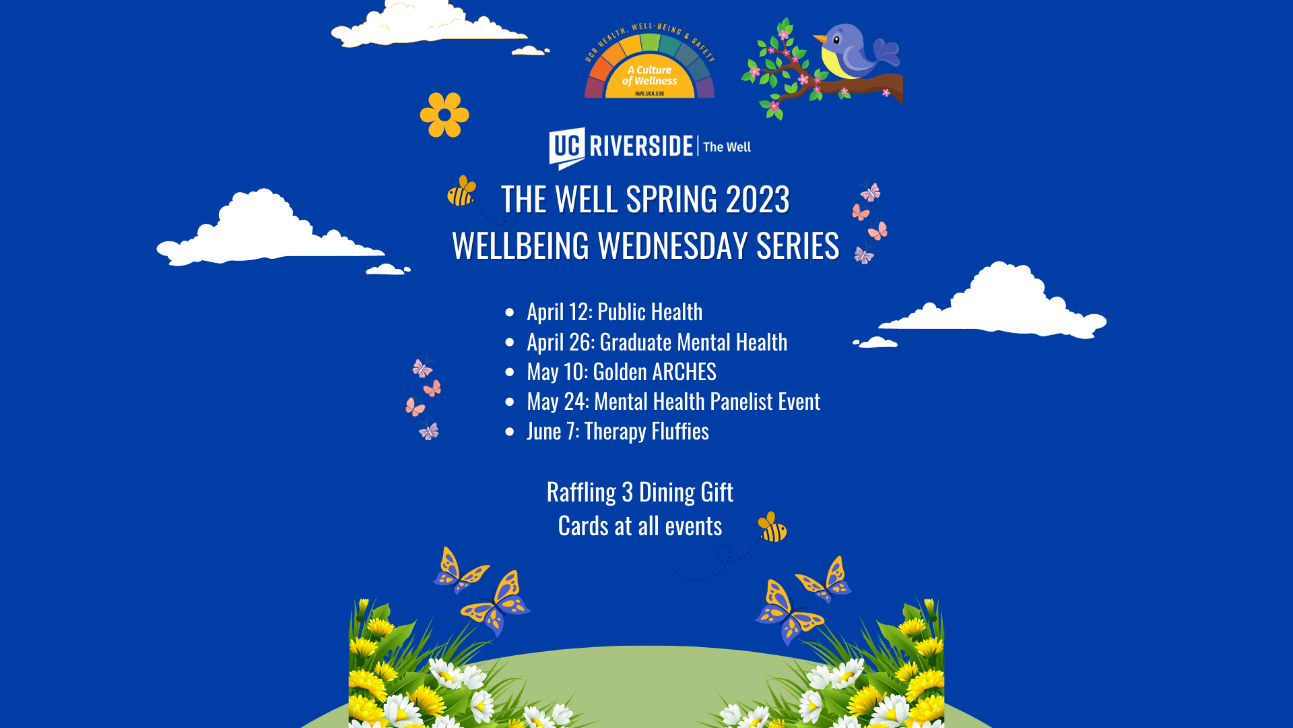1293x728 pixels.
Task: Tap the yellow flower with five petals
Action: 444,115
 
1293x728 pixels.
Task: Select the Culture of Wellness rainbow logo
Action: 650,61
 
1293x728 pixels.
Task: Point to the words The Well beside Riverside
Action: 727,147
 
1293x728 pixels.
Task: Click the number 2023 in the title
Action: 758,200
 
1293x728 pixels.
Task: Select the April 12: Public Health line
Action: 614,312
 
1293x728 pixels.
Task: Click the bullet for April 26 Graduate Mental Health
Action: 510,342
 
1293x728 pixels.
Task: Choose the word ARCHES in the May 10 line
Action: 684,372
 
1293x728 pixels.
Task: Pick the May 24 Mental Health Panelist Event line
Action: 673,402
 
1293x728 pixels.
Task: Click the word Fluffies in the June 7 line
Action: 680,431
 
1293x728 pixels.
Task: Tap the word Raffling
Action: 581,493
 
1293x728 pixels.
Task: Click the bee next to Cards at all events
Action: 772,527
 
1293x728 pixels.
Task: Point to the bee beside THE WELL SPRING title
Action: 462,191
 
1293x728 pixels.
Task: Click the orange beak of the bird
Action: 820,38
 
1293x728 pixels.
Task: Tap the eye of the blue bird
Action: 836,40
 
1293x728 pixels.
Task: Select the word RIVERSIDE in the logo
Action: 641,146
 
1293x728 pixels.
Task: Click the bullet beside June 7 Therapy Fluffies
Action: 510,432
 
